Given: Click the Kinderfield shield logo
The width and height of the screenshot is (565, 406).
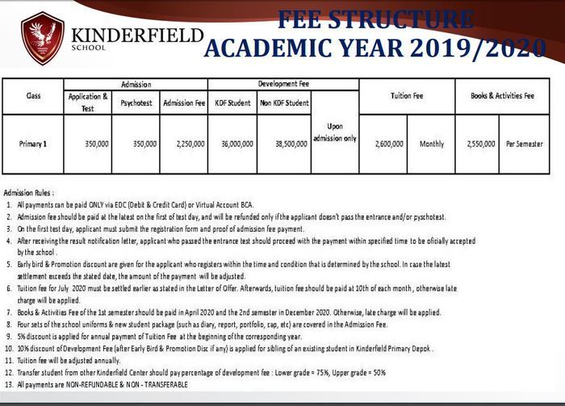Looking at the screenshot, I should click(43, 38).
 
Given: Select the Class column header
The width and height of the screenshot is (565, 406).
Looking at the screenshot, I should click(33, 96).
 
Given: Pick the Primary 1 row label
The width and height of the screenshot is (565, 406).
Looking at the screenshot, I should click(33, 144).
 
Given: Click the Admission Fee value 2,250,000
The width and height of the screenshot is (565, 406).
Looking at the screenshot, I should click(184, 144).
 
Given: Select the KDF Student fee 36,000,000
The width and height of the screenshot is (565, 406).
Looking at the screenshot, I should click(236, 144).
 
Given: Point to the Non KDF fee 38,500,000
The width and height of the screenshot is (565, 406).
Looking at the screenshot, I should click(286, 144).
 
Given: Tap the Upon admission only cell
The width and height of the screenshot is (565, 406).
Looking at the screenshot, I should click(334, 132).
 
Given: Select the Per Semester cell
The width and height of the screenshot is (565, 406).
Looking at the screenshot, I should click(525, 144).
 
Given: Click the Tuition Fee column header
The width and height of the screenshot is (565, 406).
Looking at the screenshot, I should click(407, 96).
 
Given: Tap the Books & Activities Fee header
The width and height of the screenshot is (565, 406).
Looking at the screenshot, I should click(502, 96).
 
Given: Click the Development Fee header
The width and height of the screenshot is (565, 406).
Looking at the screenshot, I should click(285, 84).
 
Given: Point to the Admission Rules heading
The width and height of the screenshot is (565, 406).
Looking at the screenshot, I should click(29, 193).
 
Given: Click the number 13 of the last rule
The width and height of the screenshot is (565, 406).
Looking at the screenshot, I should click(8, 384).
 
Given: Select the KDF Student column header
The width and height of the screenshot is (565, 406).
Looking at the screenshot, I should click(236, 103).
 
